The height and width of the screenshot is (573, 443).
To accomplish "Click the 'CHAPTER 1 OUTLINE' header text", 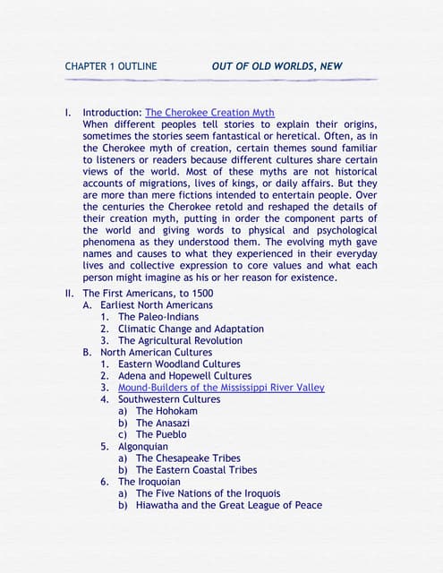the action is [x=111, y=66].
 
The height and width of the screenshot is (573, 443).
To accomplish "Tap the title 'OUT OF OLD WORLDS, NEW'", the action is [x=277, y=66].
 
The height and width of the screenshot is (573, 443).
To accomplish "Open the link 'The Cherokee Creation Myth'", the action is [x=210, y=114].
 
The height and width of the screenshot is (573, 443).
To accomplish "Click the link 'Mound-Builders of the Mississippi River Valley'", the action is [x=221, y=388].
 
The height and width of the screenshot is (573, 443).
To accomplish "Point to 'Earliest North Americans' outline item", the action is [x=157, y=305].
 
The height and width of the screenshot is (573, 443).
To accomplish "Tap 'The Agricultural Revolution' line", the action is [x=180, y=340].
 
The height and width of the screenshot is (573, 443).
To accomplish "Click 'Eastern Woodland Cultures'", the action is [x=179, y=364].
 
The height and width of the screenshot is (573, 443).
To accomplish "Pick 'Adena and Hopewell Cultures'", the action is [x=184, y=376].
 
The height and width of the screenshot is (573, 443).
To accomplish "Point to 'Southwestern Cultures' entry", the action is [x=169, y=399].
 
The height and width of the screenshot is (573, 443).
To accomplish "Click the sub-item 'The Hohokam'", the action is [x=165, y=411].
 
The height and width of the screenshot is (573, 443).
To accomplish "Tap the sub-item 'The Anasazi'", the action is [x=163, y=423].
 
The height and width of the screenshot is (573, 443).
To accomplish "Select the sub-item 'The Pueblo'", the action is [x=161, y=434].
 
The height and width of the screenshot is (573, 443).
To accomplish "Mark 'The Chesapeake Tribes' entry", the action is [x=188, y=458].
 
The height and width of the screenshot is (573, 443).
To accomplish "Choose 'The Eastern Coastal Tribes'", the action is [x=196, y=470].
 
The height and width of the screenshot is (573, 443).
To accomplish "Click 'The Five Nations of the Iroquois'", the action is [x=208, y=493].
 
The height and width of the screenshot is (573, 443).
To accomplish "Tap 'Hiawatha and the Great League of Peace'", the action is [x=228, y=505].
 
